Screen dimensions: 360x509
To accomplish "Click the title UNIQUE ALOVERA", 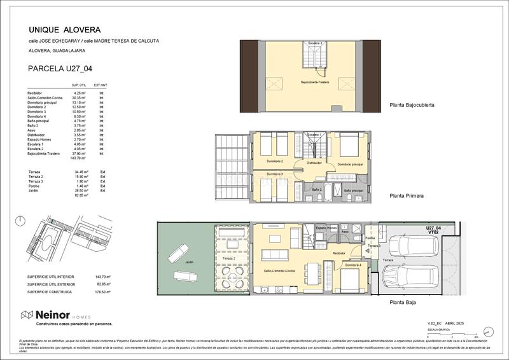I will coord(65,29).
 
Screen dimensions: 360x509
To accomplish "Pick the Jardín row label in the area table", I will coord(34,191).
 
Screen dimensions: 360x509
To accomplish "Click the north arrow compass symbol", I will coord(22,221).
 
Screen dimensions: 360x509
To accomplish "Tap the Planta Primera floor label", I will coord(407,196).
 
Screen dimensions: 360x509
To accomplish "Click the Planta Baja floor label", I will coord(402,303).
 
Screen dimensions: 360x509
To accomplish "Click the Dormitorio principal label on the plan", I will coord(350,164).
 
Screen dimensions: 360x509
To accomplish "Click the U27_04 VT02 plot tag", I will coord(433,230).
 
